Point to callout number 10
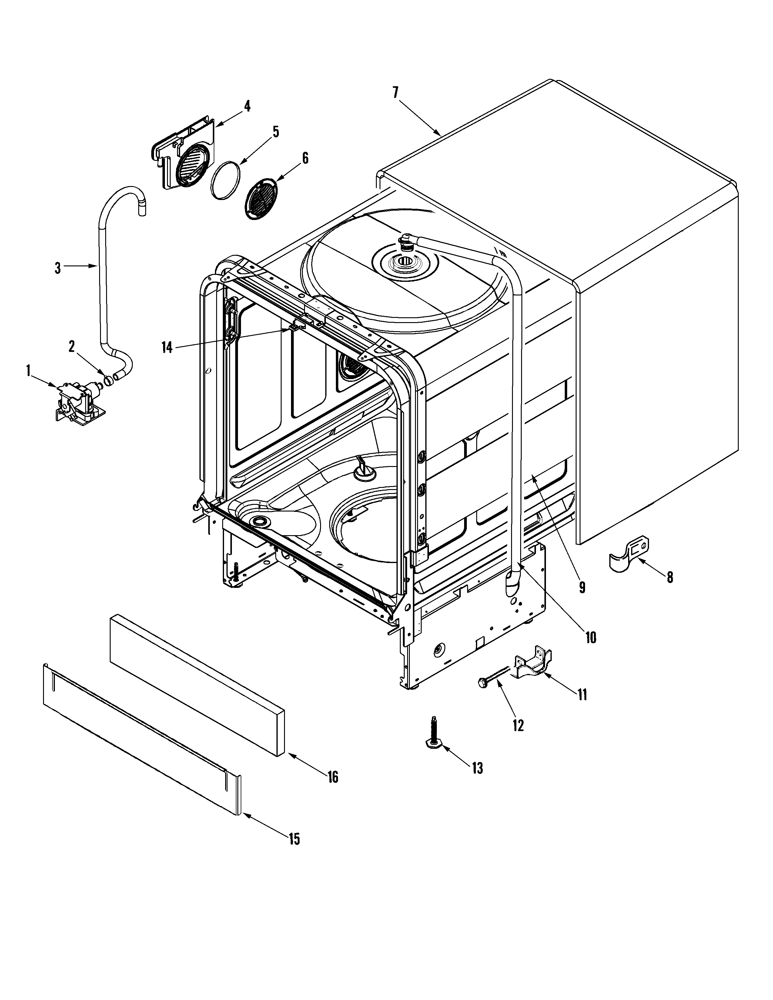591,637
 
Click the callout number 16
333,777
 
